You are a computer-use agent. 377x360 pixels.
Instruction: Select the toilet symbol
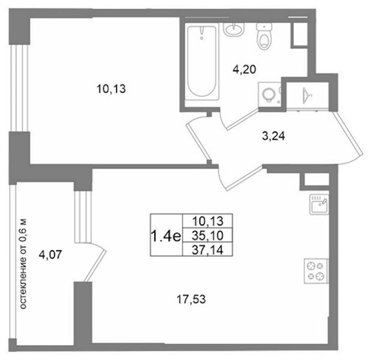pos(264,36)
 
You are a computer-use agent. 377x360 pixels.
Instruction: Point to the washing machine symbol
pos(269,94)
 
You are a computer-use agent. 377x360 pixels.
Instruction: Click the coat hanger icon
pos(307,96)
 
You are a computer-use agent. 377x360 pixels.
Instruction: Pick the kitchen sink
pos(319,204)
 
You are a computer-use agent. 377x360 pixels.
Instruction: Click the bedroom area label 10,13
pos(111,89)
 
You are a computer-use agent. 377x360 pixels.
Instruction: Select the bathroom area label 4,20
pos(244,70)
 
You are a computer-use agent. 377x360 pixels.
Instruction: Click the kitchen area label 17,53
pos(191,299)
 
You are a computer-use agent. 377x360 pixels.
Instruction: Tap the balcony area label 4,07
pos(51,255)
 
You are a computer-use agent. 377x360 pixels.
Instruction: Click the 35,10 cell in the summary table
pos(208,236)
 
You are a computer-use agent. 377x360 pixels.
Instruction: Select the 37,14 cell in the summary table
pos(208,250)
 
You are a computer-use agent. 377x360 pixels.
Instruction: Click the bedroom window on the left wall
pos(19,88)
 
